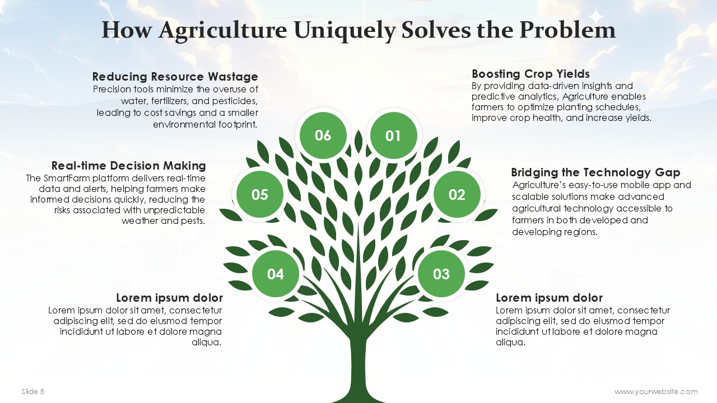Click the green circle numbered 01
[x=393, y=135]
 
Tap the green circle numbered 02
[x=457, y=194]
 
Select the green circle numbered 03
[x=441, y=274]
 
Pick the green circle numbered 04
[x=276, y=274]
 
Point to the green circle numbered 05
[x=260, y=194]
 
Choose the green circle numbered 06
[x=323, y=135]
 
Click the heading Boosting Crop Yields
[x=530, y=74]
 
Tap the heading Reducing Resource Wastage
[x=175, y=77]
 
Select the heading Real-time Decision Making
[x=128, y=166]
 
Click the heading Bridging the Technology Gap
[x=595, y=173]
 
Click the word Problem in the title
[x=567, y=30]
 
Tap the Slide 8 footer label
[x=33, y=391]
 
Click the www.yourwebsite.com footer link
[x=656, y=391]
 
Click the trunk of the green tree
[x=358, y=368]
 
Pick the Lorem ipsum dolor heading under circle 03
[x=550, y=298]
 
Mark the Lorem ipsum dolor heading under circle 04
[x=169, y=298]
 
